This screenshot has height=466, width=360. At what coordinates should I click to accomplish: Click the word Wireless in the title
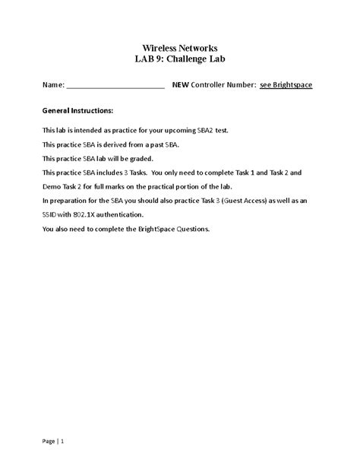click(159, 47)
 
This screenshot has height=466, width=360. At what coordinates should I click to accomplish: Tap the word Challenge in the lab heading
click(188, 59)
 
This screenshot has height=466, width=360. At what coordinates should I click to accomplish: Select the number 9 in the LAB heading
click(160, 59)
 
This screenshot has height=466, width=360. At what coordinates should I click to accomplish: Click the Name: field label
click(53, 85)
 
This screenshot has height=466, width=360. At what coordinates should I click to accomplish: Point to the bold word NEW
click(181, 85)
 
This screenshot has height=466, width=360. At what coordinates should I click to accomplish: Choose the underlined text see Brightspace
click(286, 85)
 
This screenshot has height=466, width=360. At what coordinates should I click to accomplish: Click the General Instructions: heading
click(77, 110)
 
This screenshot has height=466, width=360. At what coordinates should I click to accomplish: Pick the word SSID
click(51, 214)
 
